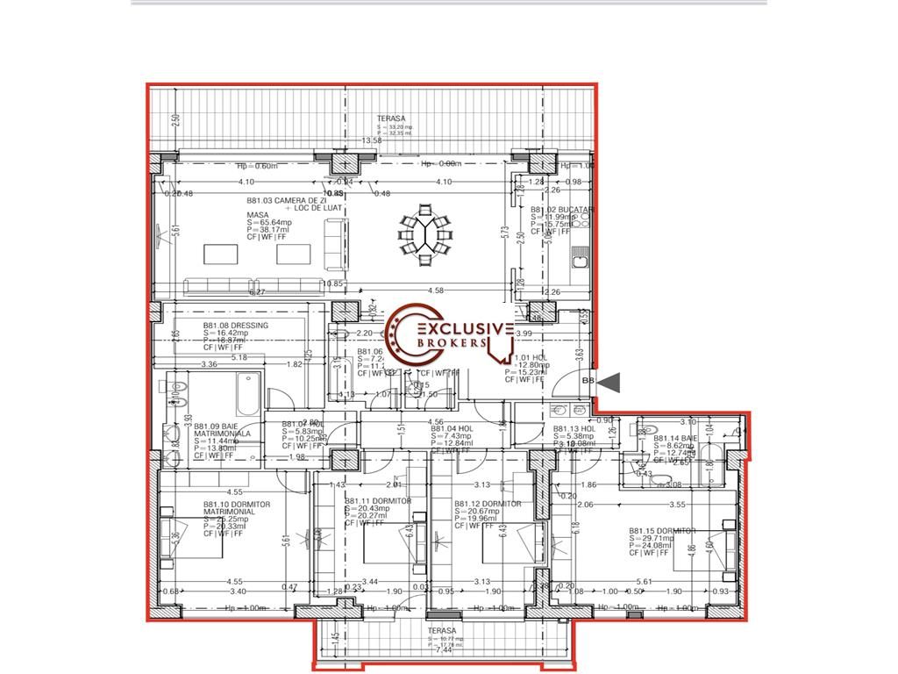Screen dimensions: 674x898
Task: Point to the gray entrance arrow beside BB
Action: pyautogui.click(x=609, y=382)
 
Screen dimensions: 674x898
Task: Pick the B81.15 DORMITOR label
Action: pyautogui.click(x=661, y=531)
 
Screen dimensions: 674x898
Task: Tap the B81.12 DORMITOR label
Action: pyautogui.click(x=488, y=504)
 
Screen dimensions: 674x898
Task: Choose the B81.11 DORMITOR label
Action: pyautogui.click(x=377, y=501)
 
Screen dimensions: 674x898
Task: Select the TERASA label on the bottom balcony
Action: pyautogui.click(x=442, y=631)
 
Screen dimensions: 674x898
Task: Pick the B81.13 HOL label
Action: pyautogui.click(x=574, y=429)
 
